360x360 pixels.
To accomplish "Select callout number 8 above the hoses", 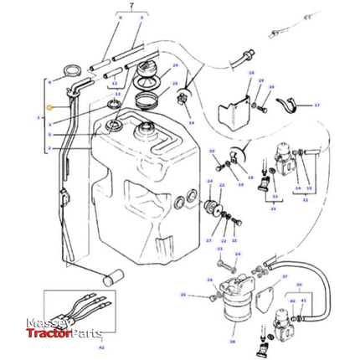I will [x=120, y=17].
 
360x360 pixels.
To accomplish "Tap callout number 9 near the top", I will [x=141, y=17].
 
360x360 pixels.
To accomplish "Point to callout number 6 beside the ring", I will [x=50, y=81].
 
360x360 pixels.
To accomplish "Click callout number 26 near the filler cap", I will [x=175, y=65].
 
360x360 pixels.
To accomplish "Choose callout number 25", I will [x=175, y=84].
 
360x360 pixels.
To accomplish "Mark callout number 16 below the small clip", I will [x=191, y=123].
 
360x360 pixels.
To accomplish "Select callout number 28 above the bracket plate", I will [x=250, y=74].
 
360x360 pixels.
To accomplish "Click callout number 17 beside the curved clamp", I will [x=317, y=105].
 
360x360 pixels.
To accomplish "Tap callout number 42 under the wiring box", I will [x=101, y=346].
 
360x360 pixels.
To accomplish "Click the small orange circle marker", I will [x=49, y=108].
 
